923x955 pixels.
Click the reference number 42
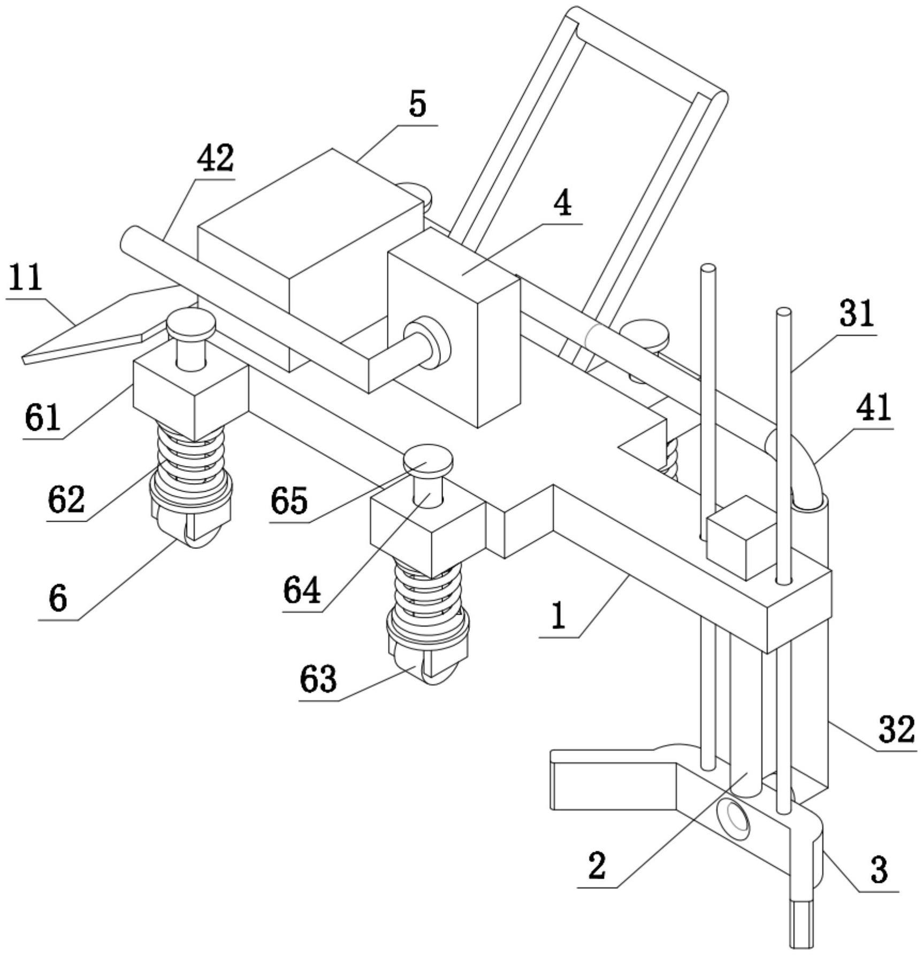click(x=216, y=159)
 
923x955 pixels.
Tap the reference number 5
click(x=417, y=104)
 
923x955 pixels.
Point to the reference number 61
click(x=42, y=418)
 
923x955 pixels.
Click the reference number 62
click(x=66, y=500)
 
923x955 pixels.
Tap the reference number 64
click(x=302, y=591)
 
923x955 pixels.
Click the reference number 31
click(x=857, y=313)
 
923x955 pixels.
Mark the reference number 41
click(x=873, y=407)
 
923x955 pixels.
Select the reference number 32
click(x=896, y=729)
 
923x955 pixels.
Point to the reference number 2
click(x=597, y=866)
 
